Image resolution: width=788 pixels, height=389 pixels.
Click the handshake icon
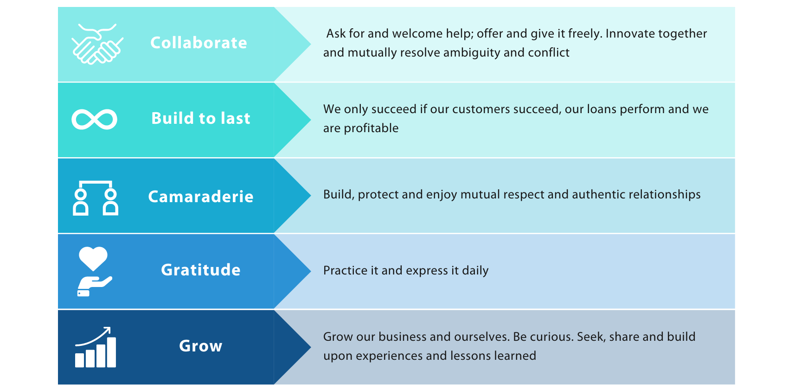[x=97, y=45]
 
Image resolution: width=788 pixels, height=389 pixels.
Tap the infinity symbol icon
[x=94, y=119]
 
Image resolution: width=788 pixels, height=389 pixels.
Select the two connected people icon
[x=96, y=198]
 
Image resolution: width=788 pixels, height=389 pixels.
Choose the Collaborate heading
[x=199, y=43]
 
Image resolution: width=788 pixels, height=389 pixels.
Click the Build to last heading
[x=200, y=118]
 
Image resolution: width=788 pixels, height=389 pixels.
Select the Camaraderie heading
[x=200, y=197]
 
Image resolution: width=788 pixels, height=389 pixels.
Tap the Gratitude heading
[x=200, y=270]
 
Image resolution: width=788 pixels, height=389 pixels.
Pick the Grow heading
[x=200, y=346]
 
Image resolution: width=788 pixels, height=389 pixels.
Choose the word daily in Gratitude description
[x=475, y=271]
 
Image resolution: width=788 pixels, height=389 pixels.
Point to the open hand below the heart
[x=94, y=286]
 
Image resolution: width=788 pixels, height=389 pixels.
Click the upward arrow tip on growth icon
[x=109, y=328]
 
